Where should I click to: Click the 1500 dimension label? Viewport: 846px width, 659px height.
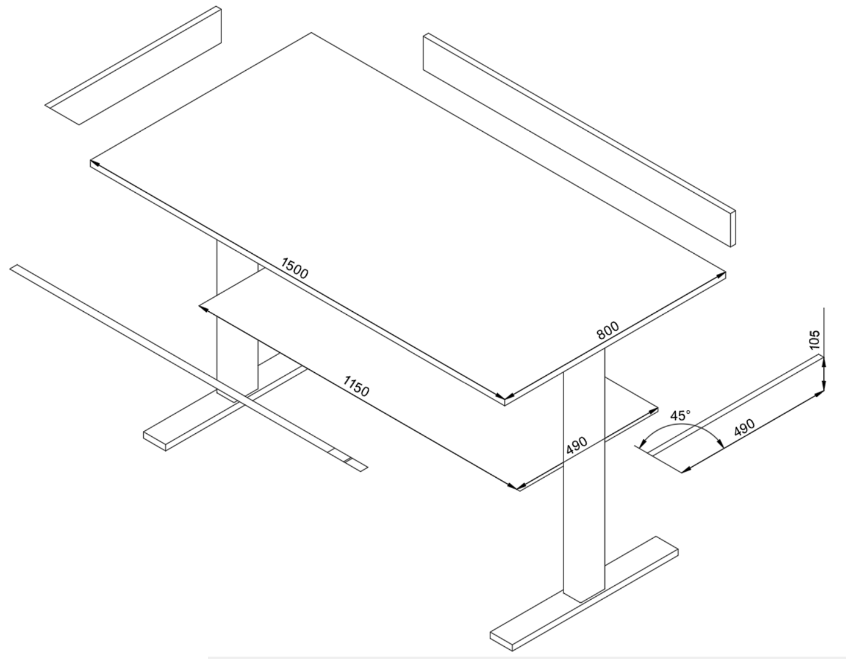(295, 267)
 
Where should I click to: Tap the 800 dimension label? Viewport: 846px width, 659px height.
(608, 330)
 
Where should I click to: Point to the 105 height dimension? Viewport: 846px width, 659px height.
(814, 339)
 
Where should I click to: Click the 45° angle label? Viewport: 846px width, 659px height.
(680, 416)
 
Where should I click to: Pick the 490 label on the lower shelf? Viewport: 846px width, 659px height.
(576, 445)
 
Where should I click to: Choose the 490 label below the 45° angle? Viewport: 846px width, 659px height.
(744, 428)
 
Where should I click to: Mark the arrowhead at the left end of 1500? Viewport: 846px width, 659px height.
(94, 163)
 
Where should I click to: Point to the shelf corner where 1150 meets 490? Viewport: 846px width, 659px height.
(517, 488)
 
